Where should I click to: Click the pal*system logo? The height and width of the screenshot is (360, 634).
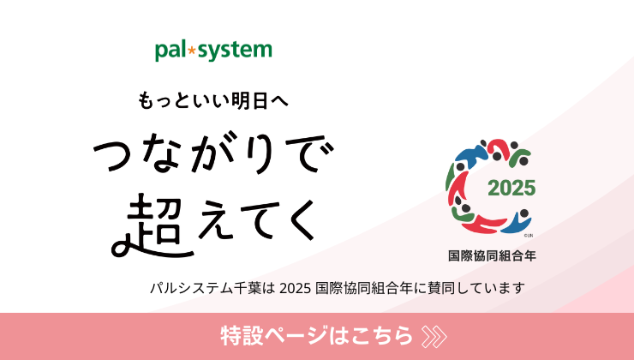213,51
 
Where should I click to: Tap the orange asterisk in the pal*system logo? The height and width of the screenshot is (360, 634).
192,51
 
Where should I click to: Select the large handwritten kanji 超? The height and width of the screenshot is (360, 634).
153,225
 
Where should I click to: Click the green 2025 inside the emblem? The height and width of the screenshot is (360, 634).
511,188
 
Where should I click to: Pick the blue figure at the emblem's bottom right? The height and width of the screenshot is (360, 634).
517,222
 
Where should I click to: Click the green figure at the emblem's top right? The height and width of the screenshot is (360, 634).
519,157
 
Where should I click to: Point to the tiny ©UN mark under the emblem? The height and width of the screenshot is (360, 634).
529,236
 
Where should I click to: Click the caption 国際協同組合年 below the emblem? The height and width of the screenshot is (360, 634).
492,255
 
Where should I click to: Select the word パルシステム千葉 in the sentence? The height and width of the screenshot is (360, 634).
206,288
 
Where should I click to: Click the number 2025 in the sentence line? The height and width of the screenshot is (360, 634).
296,288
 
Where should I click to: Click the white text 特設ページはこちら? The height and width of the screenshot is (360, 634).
316,335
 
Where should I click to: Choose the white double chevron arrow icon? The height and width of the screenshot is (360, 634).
434,336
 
